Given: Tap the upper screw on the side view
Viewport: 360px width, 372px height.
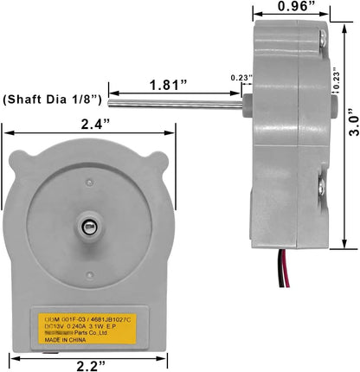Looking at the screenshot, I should click(x=321, y=39).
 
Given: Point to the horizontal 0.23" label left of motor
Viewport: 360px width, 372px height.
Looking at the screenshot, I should click(x=241, y=77).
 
